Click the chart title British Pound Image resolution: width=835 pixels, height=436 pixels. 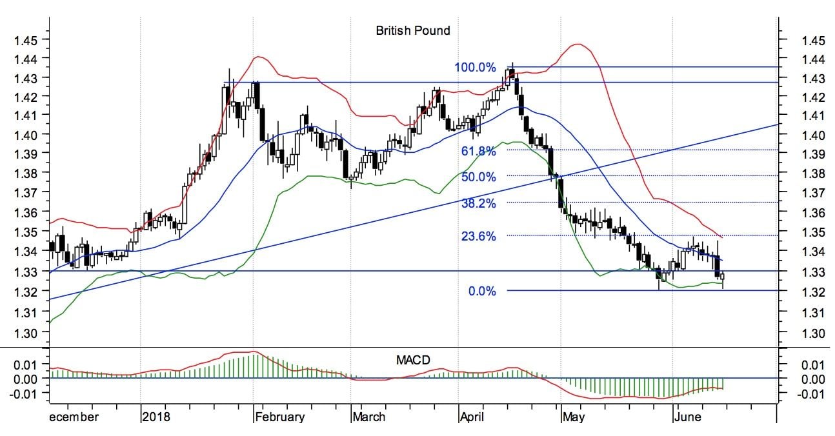tap(413, 30)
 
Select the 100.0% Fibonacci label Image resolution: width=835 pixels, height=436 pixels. tap(475, 67)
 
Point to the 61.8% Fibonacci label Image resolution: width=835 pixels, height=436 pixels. tap(478, 151)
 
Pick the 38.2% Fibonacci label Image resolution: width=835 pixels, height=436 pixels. tap(478, 203)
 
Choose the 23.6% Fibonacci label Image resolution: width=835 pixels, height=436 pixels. tap(478, 236)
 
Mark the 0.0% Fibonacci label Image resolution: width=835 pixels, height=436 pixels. tap(482, 292)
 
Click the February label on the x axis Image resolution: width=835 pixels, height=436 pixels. tap(280, 417)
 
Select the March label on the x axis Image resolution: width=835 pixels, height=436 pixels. tap(368, 417)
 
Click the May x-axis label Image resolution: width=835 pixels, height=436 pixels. tap(572, 417)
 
